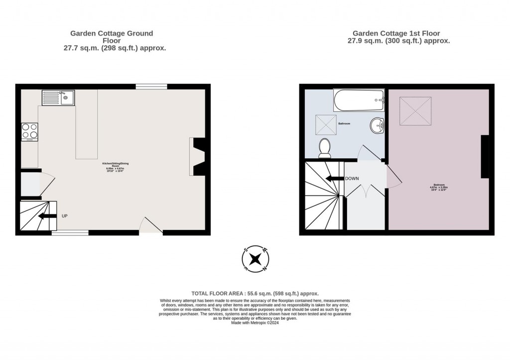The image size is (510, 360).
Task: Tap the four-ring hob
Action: click(30, 131)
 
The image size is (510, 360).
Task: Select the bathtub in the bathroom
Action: click(359, 101)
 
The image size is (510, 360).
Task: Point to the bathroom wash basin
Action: click(378, 125)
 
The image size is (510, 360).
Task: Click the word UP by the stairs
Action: click(64, 216)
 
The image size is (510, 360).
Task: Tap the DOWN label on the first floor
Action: click(352, 178)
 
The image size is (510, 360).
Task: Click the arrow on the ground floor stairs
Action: click(47, 216)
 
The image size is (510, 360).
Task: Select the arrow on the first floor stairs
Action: click(334, 178)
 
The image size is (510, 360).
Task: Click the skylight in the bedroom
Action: click(415, 111)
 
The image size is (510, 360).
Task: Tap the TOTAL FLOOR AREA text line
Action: click(255, 294)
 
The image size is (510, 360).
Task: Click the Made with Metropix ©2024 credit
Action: click(255, 323)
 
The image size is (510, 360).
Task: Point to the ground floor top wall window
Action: click(151, 86)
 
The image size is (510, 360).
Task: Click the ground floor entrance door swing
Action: click(150, 225)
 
